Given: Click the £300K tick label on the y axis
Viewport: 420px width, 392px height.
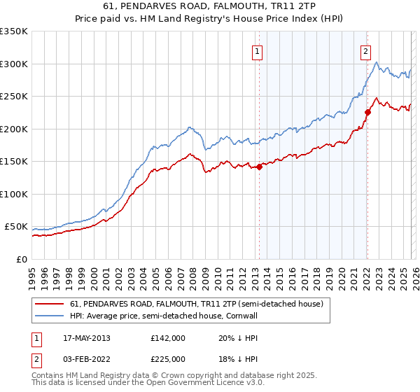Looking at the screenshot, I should [14, 64].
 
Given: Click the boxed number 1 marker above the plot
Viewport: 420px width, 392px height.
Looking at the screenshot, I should [258, 51].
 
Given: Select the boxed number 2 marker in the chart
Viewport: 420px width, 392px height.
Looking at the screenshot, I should [365, 51].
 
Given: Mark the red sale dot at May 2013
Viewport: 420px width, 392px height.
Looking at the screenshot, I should [259, 167].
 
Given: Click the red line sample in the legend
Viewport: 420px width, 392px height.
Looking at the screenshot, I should [50, 304].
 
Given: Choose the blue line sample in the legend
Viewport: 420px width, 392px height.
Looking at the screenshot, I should [50, 316].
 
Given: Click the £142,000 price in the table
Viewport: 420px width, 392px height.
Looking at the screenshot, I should [168, 338].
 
